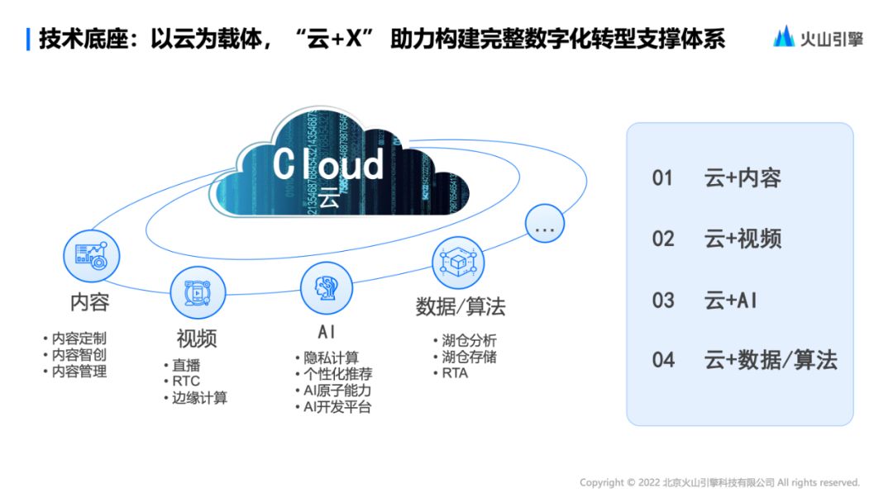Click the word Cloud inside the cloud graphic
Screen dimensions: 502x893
tap(328, 163)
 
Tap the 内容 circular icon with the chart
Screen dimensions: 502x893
tap(92, 255)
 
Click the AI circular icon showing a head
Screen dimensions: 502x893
tap(326, 288)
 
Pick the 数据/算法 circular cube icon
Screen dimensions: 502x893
tap(458, 263)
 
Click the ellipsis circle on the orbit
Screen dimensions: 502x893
tap(545, 224)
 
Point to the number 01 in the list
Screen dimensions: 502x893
tap(663, 178)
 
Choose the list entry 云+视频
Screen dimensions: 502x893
tap(743, 239)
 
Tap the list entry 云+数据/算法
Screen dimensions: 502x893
tap(771, 360)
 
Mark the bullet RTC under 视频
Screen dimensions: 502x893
tap(185, 381)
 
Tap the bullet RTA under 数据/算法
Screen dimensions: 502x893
tap(454, 373)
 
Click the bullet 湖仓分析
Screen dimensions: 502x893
tap(468, 340)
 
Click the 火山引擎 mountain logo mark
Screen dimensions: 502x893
tap(784, 36)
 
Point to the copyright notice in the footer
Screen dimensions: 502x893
tap(719, 483)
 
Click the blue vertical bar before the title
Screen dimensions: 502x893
tap(29, 38)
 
